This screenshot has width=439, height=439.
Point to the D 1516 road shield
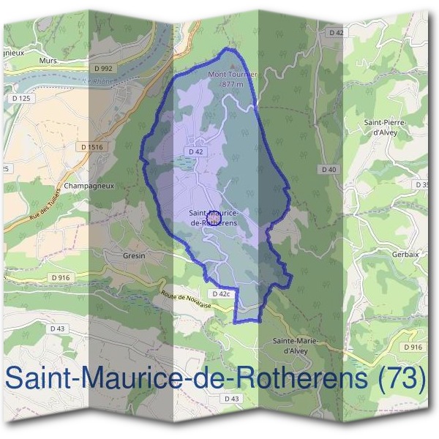tap(93, 147)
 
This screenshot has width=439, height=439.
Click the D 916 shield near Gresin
tap(60, 278)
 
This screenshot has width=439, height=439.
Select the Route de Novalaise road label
tap(187, 299)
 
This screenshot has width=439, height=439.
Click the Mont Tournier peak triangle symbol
tap(233, 67)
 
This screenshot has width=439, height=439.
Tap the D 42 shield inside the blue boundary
tap(195, 151)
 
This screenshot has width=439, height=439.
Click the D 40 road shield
tap(329, 170)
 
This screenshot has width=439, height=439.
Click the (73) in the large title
tap(399, 378)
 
